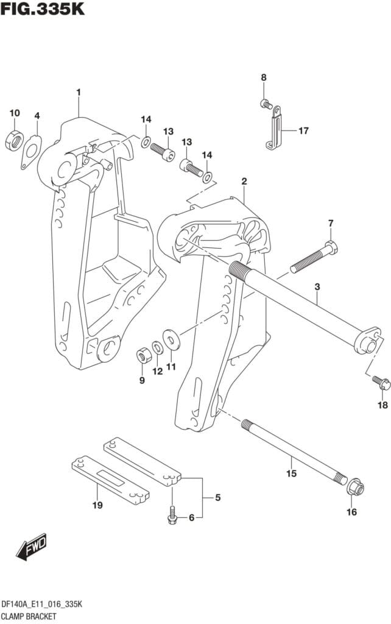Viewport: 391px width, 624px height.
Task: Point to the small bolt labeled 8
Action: (x=266, y=104)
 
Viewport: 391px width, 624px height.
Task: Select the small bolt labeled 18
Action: (x=382, y=383)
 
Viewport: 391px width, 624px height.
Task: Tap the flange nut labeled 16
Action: (x=356, y=488)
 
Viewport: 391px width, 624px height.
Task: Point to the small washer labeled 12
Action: (x=157, y=347)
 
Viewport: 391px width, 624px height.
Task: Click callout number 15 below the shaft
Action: (x=291, y=473)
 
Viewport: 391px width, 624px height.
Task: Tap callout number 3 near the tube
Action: (x=317, y=286)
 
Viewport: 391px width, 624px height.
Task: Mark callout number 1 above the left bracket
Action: (x=78, y=92)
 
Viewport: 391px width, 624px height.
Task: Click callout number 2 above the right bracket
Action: (x=244, y=181)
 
